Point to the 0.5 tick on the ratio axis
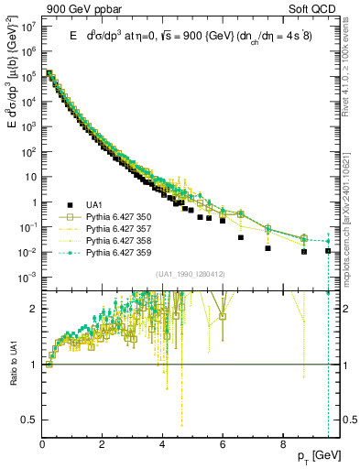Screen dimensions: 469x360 31,420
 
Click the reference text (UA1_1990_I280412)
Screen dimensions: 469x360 191,274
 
